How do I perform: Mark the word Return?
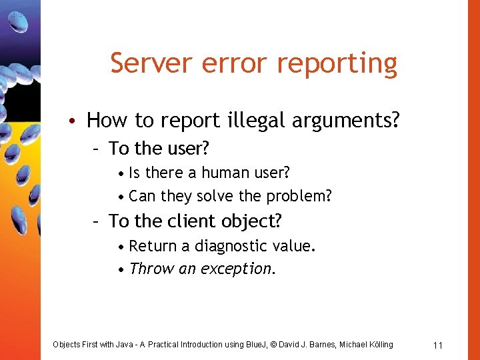(153, 246)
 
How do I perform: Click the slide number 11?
(438, 345)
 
